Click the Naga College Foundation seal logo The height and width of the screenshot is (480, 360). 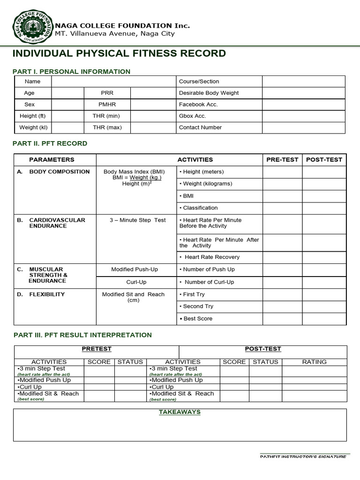pos(32,27)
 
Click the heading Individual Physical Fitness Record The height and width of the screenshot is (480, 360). pos(119,53)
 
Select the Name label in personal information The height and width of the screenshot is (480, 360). pos(32,82)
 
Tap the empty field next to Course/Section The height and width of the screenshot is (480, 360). pos(303,82)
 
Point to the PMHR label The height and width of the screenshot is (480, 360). pos(107,105)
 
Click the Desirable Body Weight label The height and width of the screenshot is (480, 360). pos(209,93)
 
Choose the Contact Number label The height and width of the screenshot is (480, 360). pos(200,127)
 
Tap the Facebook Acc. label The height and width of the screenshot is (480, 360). pos(198,105)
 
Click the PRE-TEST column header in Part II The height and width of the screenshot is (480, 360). pos(282,160)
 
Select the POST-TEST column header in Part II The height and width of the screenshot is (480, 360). pos(324,160)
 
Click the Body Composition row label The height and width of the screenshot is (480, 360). pos(59,172)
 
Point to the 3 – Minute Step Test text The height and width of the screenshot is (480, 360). pos(137,220)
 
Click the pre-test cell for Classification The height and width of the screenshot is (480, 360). pos(282,208)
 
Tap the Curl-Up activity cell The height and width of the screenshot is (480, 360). pos(136,282)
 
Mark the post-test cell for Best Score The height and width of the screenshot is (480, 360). pos(324,319)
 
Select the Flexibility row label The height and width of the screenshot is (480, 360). pos(47,294)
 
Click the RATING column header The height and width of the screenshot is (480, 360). pos(314,362)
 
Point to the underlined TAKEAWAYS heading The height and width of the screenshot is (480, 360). pos(180,412)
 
